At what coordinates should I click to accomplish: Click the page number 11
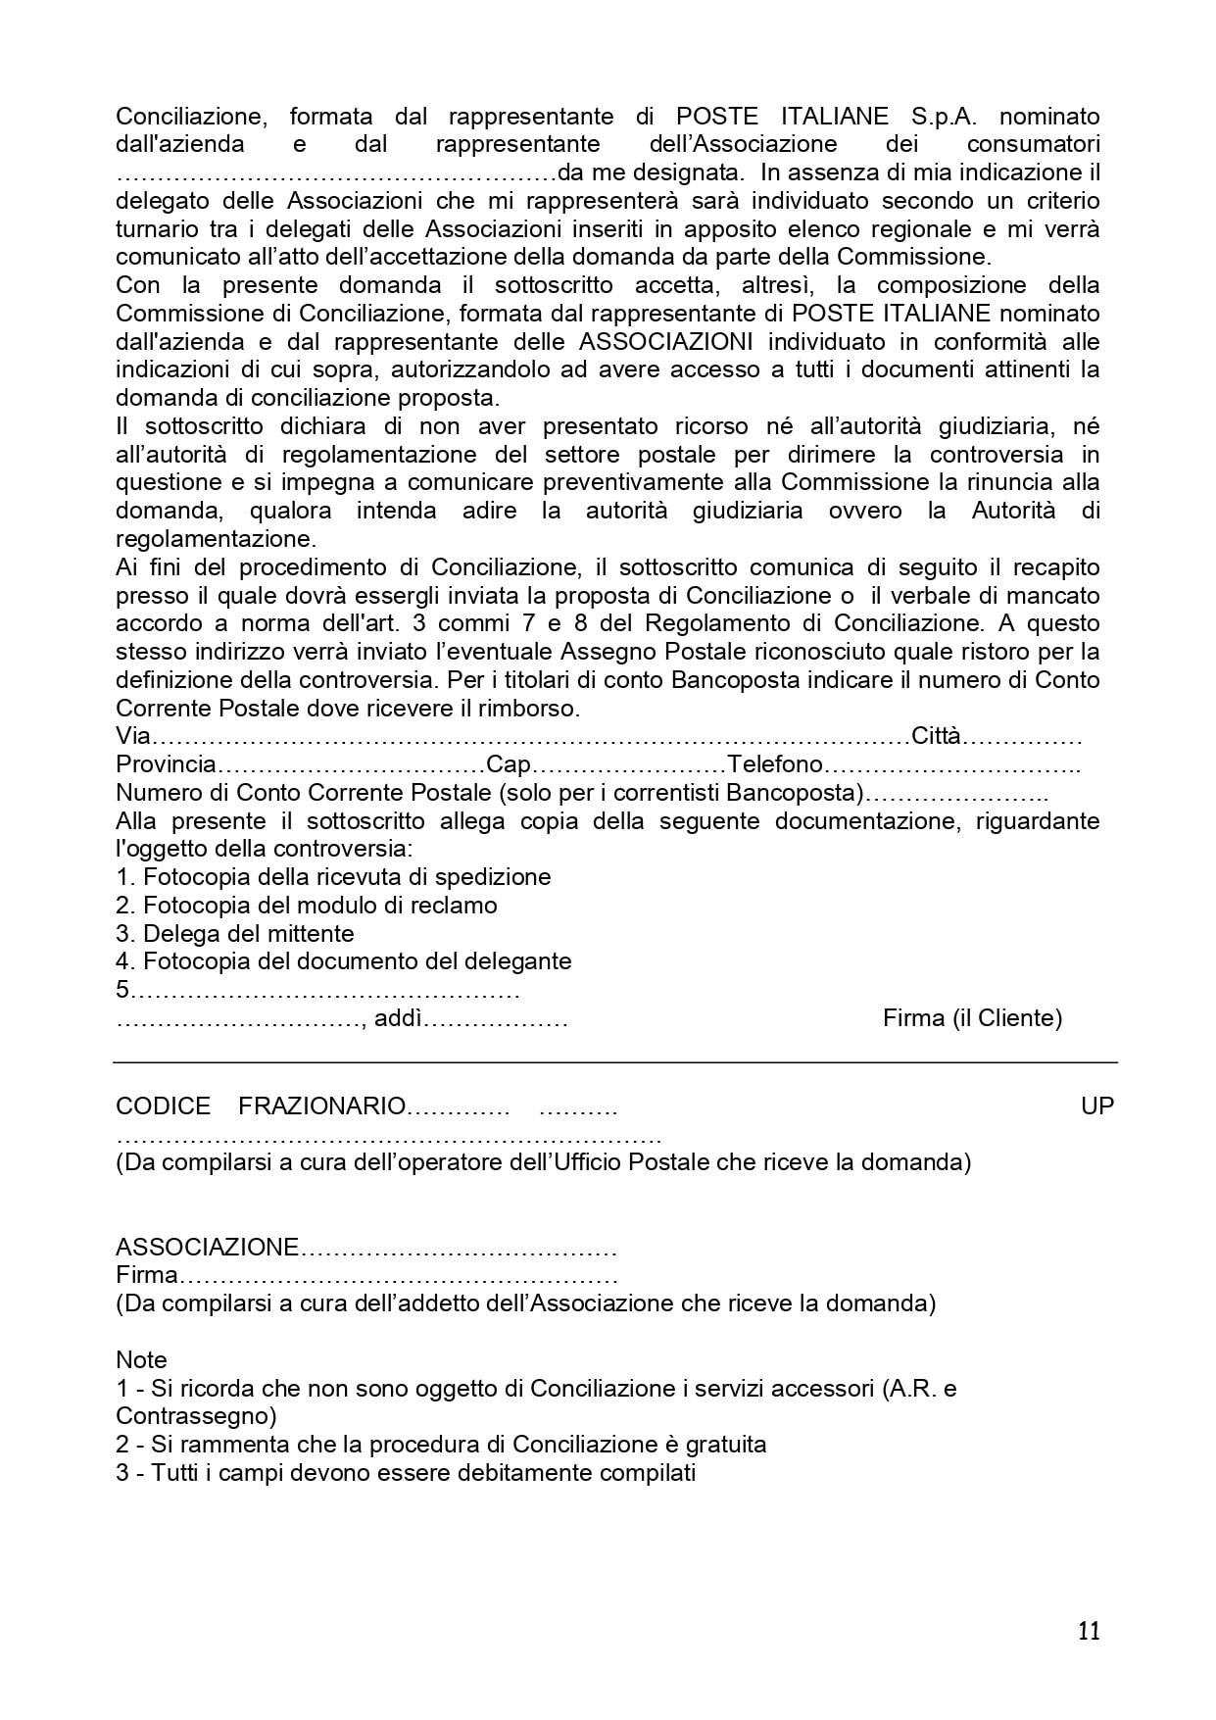[x=1089, y=1631]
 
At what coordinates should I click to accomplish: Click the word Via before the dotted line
[x=133, y=736]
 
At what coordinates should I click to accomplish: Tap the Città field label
[x=936, y=736]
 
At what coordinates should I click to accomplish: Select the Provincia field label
[x=165, y=764]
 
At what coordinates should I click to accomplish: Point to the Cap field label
[x=509, y=764]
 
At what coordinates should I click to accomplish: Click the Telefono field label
[x=774, y=764]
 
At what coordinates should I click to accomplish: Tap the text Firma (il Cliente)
[x=972, y=1018]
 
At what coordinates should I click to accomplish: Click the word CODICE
[x=163, y=1106]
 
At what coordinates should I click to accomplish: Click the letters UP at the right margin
[x=1097, y=1106]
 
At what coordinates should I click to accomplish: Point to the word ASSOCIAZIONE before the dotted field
[x=207, y=1248]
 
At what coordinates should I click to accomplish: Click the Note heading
[x=141, y=1360]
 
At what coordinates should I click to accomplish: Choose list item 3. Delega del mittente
[x=235, y=934]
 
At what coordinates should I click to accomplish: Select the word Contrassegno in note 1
[x=193, y=1416]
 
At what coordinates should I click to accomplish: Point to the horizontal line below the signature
[x=614, y=1062]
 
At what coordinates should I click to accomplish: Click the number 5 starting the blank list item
[x=122, y=990]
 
